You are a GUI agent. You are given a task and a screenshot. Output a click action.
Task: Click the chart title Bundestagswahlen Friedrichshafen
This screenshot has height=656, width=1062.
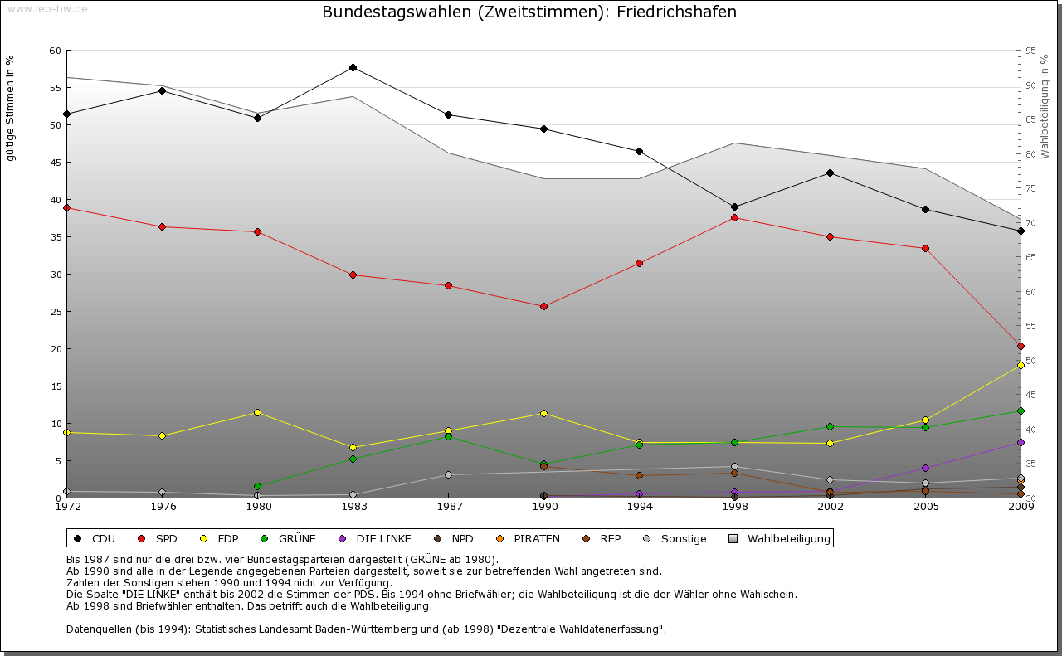coord(529,12)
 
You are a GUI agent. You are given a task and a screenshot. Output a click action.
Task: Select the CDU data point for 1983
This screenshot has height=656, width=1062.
coord(353,67)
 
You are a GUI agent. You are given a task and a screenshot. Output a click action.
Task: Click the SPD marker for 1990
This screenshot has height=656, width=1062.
coord(543,306)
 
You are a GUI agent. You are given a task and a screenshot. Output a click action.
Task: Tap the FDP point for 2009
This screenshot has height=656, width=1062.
coord(1021,365)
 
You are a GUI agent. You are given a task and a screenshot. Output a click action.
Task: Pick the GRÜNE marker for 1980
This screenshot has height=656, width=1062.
coord(257,486)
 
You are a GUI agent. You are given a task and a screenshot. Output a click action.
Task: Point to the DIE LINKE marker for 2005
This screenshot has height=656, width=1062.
coord(925,468)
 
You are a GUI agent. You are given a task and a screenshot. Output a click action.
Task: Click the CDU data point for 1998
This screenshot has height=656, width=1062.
coord(734,207)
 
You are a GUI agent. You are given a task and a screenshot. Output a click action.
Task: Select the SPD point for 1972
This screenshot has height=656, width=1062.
coord(66,207)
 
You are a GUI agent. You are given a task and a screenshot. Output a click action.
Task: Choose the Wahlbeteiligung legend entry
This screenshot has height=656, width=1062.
coord(788,539)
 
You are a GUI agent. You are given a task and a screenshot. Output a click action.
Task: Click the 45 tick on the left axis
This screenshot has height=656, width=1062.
coord(55,163)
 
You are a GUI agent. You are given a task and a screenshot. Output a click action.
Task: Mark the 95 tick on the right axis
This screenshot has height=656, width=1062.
coord(1030,51)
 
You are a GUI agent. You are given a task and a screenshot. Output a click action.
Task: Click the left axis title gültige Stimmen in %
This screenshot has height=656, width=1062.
coord(11,108)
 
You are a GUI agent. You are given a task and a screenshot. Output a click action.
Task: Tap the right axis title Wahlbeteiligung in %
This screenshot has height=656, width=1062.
coord(1045,106)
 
